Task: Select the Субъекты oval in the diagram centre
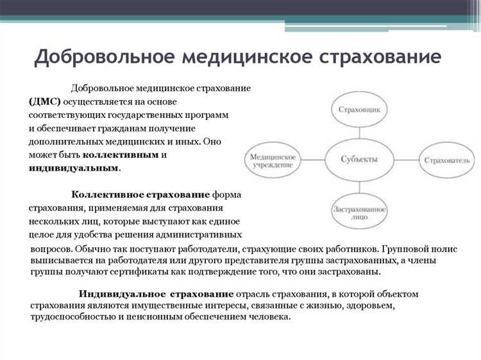359,159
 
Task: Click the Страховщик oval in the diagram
359,110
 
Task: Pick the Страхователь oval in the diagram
446,159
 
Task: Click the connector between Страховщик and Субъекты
359,131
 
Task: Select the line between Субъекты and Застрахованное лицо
359,187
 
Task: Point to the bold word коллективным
120,155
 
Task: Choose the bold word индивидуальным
74,167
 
